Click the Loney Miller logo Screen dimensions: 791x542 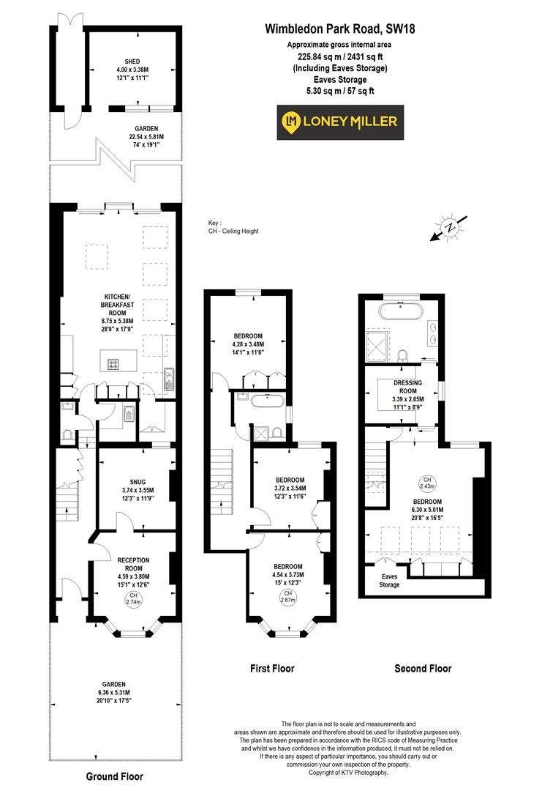[339, 121]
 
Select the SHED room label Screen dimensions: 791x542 [132, 62]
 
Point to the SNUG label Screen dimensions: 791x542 [137, 482]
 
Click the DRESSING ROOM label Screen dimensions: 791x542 [408, 387]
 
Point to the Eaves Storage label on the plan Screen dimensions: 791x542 [390, 580]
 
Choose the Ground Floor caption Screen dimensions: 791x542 [115, 776]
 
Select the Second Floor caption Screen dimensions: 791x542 [423, 668]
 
